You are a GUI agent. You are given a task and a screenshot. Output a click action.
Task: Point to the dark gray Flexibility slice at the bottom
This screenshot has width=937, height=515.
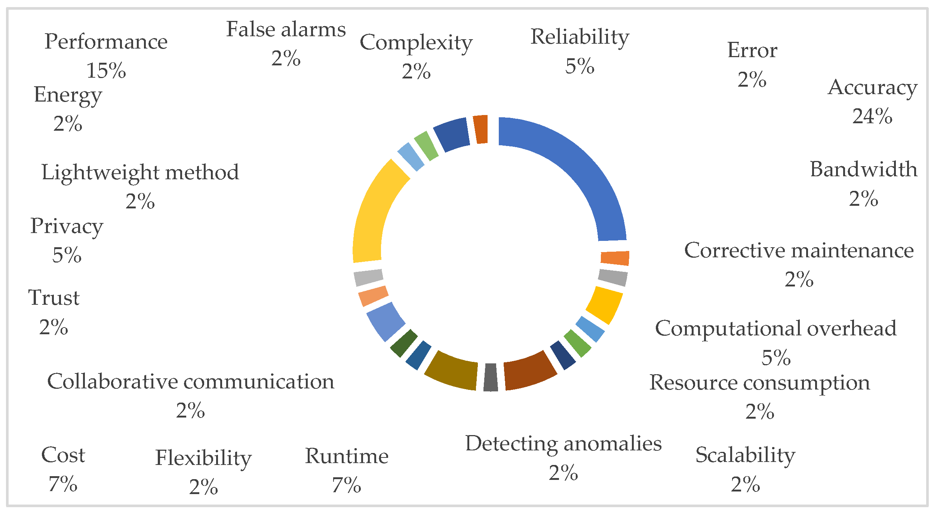point(491,378)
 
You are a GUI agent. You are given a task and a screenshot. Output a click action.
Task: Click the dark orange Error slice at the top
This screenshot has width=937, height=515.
point(481,129)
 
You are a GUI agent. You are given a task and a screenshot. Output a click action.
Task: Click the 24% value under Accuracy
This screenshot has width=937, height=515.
point(872,116)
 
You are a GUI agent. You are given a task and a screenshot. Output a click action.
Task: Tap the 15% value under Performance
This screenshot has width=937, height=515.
point(106,71)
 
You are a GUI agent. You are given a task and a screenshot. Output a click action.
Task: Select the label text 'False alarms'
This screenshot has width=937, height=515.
point(286,30)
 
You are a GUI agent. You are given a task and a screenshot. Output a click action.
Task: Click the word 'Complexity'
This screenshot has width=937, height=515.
point(416,43)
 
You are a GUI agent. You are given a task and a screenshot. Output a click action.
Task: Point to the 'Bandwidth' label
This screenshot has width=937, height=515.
point(863,170)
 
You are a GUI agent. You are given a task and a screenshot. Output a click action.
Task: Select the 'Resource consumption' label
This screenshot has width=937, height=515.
point(759,383)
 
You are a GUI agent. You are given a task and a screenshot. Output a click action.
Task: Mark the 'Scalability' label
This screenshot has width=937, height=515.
point(745,455)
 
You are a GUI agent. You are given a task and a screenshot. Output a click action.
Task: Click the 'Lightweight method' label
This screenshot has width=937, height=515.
point(140,173)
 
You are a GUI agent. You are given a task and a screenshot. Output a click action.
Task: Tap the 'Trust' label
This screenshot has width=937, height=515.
point(54,298)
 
